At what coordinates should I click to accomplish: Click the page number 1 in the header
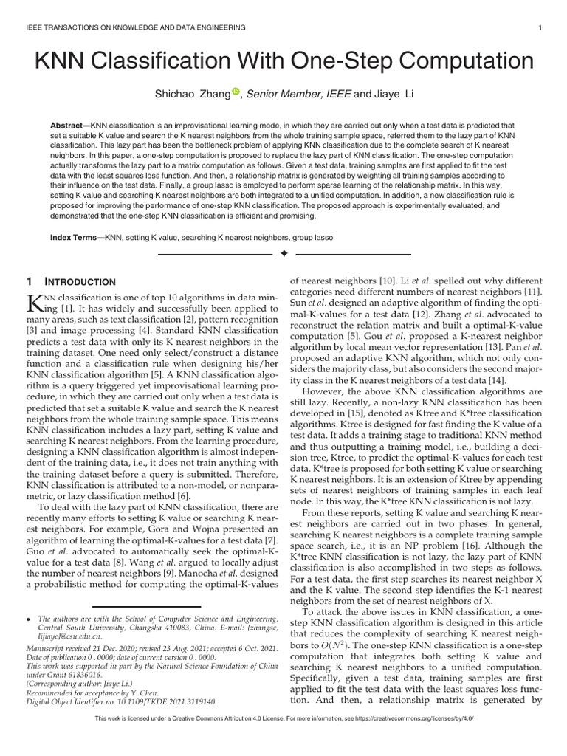click(542, 27)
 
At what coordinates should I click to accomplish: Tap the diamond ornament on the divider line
click(283, 254)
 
